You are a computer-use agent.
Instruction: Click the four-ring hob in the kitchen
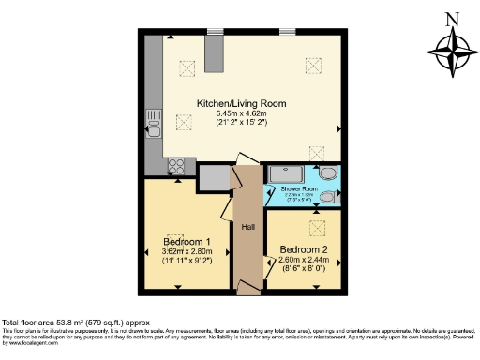175,166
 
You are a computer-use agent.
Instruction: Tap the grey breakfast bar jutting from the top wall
216,54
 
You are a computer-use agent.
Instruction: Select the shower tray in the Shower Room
287,174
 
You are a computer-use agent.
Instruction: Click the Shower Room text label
299,189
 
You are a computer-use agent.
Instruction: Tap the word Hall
248,228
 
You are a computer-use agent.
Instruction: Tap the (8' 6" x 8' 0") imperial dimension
303,269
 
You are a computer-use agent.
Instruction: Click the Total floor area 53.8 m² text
70,322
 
